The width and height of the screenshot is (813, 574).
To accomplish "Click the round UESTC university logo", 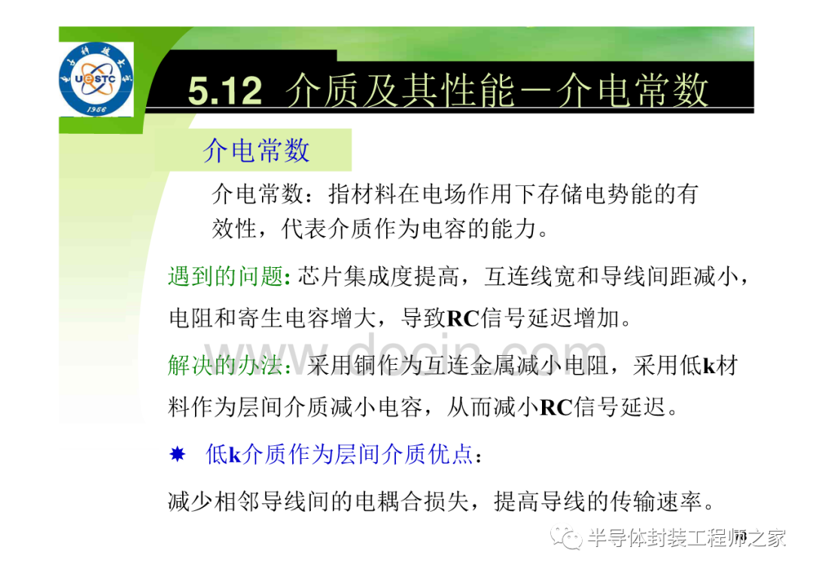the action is (x=96, y=79).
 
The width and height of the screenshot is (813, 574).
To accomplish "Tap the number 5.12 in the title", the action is (x=225, y=91).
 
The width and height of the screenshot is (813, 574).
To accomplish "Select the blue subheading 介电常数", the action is (x=256, y=150).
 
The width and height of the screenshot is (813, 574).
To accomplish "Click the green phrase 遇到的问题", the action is (x=226, y=276).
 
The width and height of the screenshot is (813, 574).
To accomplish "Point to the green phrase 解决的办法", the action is (x=226, y=365).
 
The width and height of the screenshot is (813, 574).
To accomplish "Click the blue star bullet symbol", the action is (x=178, y=454).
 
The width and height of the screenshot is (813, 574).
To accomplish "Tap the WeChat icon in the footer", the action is (x=566, y=538).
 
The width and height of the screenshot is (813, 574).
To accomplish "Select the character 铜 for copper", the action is (x=366, y=365).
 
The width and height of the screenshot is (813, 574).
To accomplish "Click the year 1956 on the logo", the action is (x=96, y=109).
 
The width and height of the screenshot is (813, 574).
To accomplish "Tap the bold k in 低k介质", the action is (x=235, y=455).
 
